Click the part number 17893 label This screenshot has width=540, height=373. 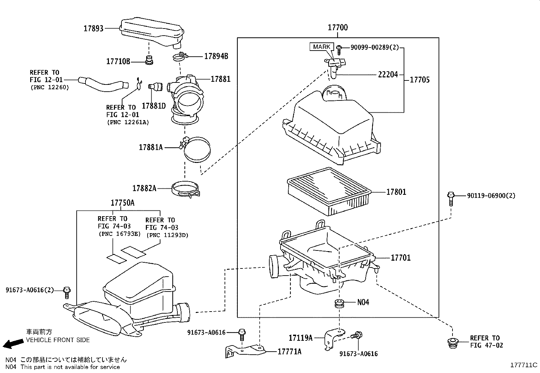point(93,29)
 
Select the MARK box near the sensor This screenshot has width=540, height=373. point(322,47)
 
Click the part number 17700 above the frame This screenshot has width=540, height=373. point(337,27)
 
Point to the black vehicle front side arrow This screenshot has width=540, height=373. point(11,344)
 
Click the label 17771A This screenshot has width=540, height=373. point(289,352)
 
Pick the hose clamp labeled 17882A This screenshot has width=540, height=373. point(186,189)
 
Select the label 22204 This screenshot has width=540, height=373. point(388,74)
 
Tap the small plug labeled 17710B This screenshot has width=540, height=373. point(149,60)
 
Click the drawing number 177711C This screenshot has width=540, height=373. point(524,365)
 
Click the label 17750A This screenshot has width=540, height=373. point(122,203)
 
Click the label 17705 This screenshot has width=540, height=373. point(419,80)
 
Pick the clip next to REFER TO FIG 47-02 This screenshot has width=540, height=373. point(452,343)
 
